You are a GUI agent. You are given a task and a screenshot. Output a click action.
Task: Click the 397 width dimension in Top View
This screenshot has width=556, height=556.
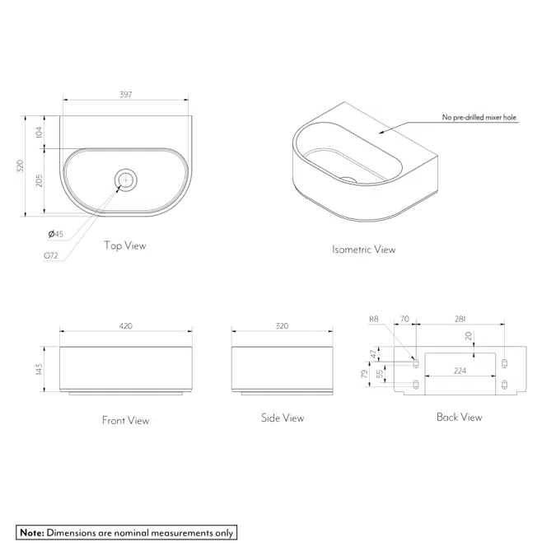pyautogui.click(x=125, y=95)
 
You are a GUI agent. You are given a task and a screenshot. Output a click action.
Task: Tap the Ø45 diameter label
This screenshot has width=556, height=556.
pyautogui.click(x=56, y=235)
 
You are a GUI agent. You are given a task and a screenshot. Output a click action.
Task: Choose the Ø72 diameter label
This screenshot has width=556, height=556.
pyautogui.click(x=51, y=255)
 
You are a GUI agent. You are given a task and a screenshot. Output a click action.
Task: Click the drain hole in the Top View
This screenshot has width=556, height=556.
pyautogui.click(x=126, y=178)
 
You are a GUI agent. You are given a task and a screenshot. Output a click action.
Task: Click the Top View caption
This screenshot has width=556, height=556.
pyautogui.click(x=125, y=245)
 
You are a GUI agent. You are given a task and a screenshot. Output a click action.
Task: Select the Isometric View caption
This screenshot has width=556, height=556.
pyautogui.click(x=363, y=249)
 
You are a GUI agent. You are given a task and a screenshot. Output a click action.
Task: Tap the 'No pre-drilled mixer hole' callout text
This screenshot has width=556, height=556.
pyautogui.click(x=479, y=118)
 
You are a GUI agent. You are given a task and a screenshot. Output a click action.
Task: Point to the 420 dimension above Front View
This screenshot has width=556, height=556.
pyautogui.click(x=125, y=326)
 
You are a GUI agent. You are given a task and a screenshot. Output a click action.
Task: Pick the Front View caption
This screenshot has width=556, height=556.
pyautogui.click(x=125, y=420)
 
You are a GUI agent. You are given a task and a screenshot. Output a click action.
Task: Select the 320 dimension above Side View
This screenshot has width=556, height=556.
pyautogui.click(x=282, y=326)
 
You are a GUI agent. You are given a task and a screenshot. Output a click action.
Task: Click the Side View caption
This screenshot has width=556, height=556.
pyautogui.click(x=283, y=418)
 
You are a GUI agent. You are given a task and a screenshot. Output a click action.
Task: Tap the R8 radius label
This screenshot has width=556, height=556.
pyautogui.click(x=374, y=318)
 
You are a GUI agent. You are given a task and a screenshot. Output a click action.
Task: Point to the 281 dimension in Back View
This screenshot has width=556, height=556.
pyautogui.click(x=460, y=318)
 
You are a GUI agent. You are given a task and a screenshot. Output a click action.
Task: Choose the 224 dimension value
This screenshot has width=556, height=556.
pyautogui.click(x=460, y=371)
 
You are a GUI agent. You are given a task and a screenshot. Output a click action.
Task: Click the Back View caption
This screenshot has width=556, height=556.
pyautogui.click(x=459, y=417)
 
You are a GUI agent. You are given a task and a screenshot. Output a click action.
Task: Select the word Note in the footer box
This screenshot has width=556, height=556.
pyautogui.click(x=31, y=533)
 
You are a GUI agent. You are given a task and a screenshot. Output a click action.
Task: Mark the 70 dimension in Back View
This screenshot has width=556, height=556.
pyautogui.click(x=404, y=318)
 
